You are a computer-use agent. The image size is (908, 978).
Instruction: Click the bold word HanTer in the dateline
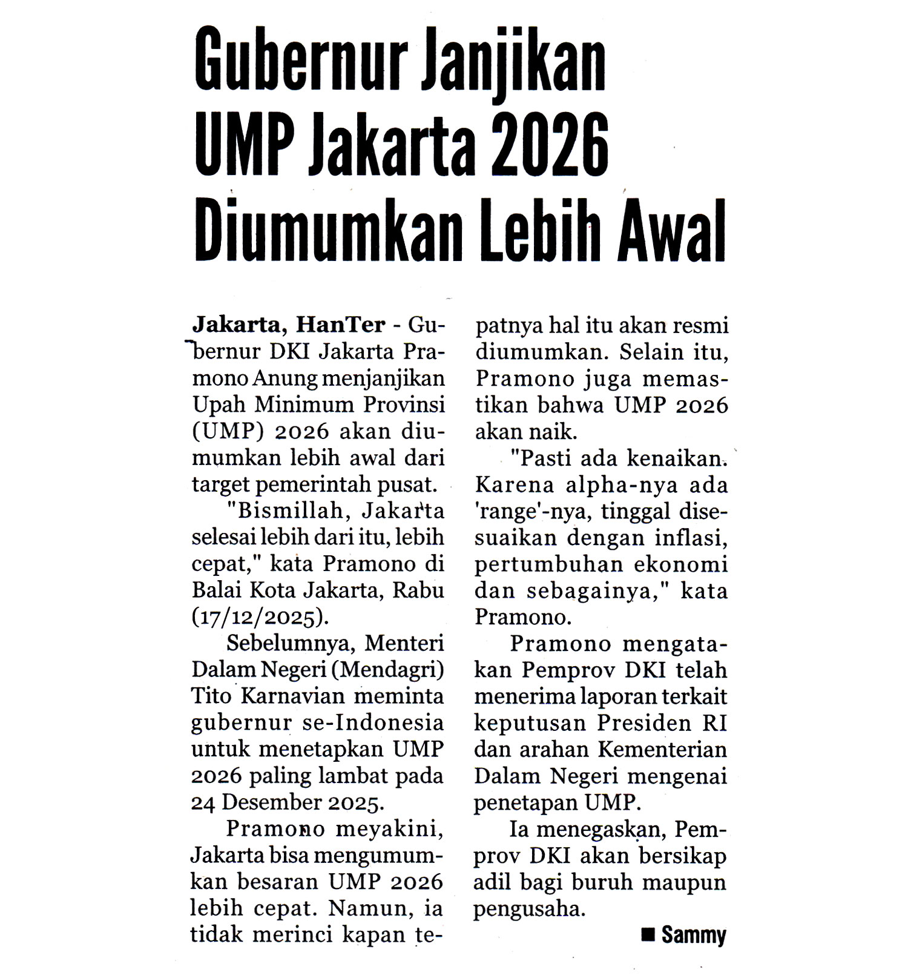point(340,325)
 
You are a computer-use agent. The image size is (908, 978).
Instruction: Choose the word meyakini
point(389,828)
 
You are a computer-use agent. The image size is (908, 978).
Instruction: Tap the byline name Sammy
point(693,935)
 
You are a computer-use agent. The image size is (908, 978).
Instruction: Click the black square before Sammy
point(648,935)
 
